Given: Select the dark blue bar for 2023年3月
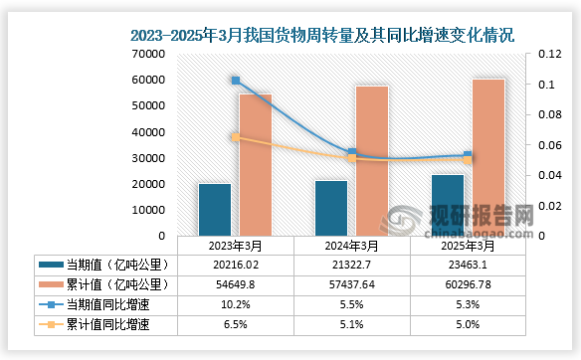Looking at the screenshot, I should pos(214,210).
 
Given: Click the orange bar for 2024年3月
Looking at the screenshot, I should pos(371,161).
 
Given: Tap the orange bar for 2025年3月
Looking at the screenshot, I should pos(487,157).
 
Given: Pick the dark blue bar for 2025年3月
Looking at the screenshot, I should pos(447,205).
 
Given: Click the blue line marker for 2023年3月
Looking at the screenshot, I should pos(236,81).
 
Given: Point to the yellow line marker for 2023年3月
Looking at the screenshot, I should pos(236,137).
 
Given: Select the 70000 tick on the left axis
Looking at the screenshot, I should pos(145,54).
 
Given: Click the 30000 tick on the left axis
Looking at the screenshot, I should pos(145,158).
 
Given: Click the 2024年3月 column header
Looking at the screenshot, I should pos(352,246).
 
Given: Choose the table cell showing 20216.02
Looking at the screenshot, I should pos(236,265).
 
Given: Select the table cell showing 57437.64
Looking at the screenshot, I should pos(352,284).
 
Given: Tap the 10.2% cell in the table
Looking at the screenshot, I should pos(236,303).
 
